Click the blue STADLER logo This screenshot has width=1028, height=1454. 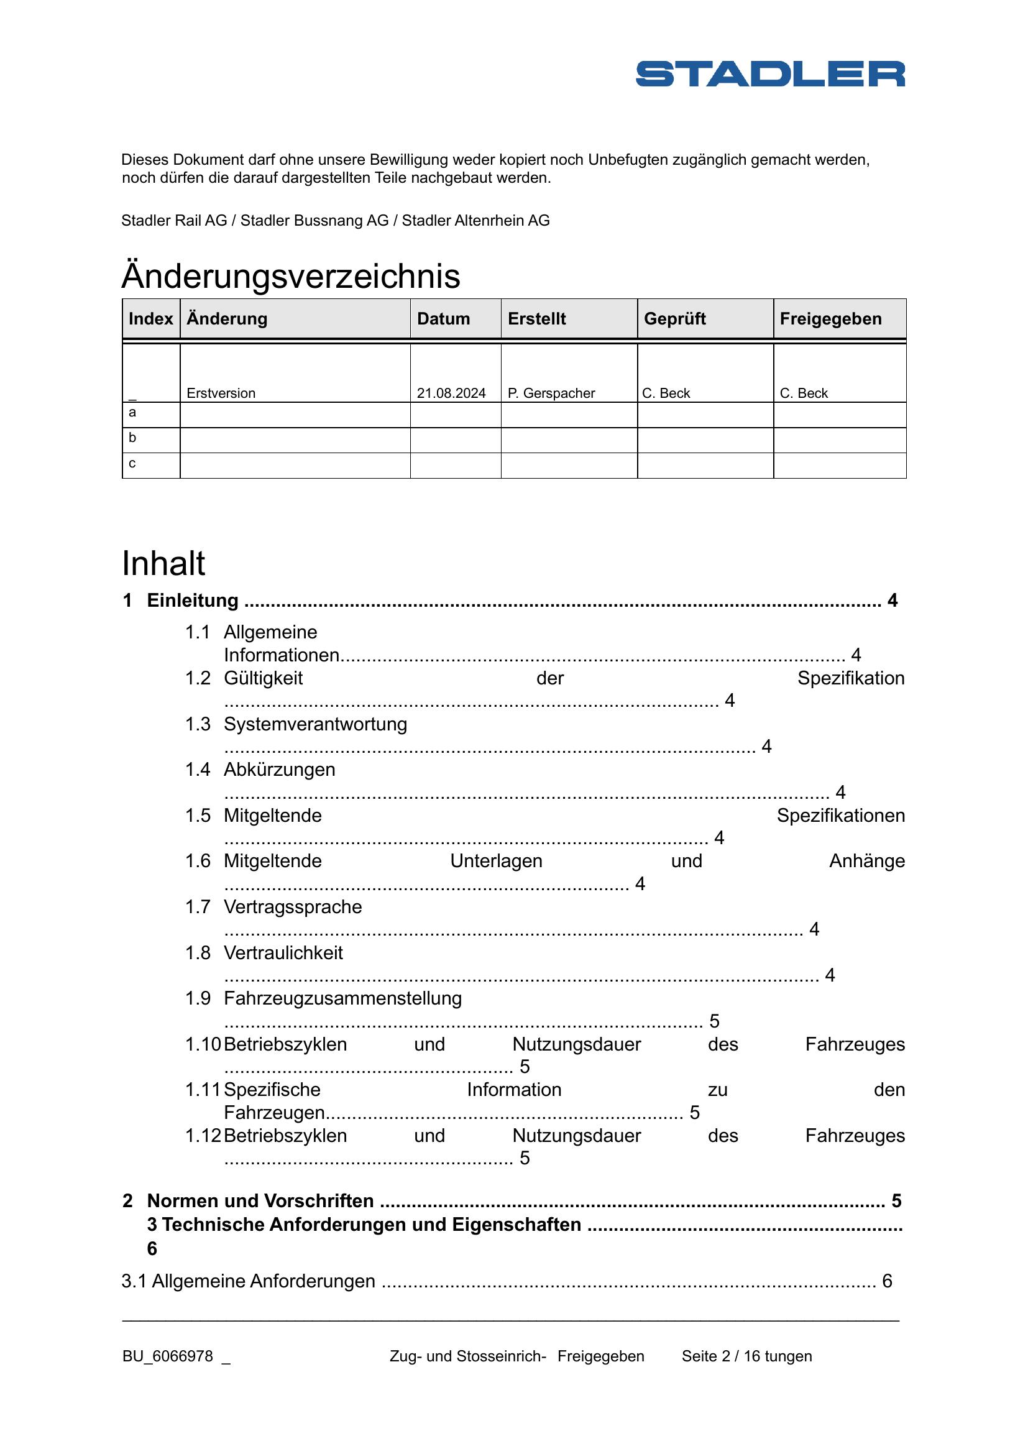769,73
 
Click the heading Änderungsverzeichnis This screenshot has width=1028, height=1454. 290,276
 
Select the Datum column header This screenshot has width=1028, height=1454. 443,318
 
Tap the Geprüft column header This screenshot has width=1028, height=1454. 674,318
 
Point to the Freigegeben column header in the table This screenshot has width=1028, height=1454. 830,318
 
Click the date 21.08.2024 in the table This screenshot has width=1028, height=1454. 451,393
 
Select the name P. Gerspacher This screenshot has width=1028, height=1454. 551,393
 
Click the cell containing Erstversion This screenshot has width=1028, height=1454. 221,393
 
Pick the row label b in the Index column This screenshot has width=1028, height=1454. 132,438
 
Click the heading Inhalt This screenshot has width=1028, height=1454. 163,563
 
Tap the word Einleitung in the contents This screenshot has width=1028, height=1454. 193,600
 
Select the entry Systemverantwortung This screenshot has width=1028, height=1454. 315,724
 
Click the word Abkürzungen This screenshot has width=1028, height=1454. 279,770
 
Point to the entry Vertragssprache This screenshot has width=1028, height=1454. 293,907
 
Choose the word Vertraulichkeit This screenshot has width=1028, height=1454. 283,952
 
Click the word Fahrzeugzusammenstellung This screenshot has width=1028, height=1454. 342,998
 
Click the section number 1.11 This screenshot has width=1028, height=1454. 202,1090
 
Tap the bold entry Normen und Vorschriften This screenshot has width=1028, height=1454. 260,1201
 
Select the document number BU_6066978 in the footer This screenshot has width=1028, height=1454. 168,1356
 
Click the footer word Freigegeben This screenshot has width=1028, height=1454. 601,1356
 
